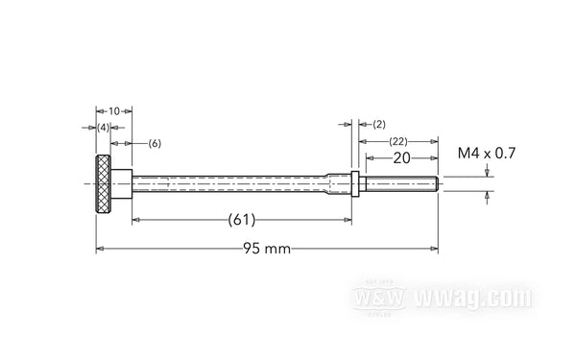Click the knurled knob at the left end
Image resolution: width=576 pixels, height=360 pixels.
click(102, 182)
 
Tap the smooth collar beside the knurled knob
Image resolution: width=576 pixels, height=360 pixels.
click(120, 182)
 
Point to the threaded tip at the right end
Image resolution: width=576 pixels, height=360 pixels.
click(400, 182)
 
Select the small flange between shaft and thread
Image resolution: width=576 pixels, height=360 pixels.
click(355, 182)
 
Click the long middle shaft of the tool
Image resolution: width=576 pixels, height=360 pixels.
click(230, 182)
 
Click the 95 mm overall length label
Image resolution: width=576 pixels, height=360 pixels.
click(265, 250)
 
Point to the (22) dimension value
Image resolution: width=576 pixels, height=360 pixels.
click(397, 141)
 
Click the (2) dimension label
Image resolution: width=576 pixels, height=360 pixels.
click(378, 124)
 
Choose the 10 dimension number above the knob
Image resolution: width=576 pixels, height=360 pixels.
click(113, 111)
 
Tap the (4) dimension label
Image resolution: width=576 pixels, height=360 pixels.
click(103, 127)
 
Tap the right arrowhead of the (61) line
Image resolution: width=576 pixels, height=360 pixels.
click(351, 220)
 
